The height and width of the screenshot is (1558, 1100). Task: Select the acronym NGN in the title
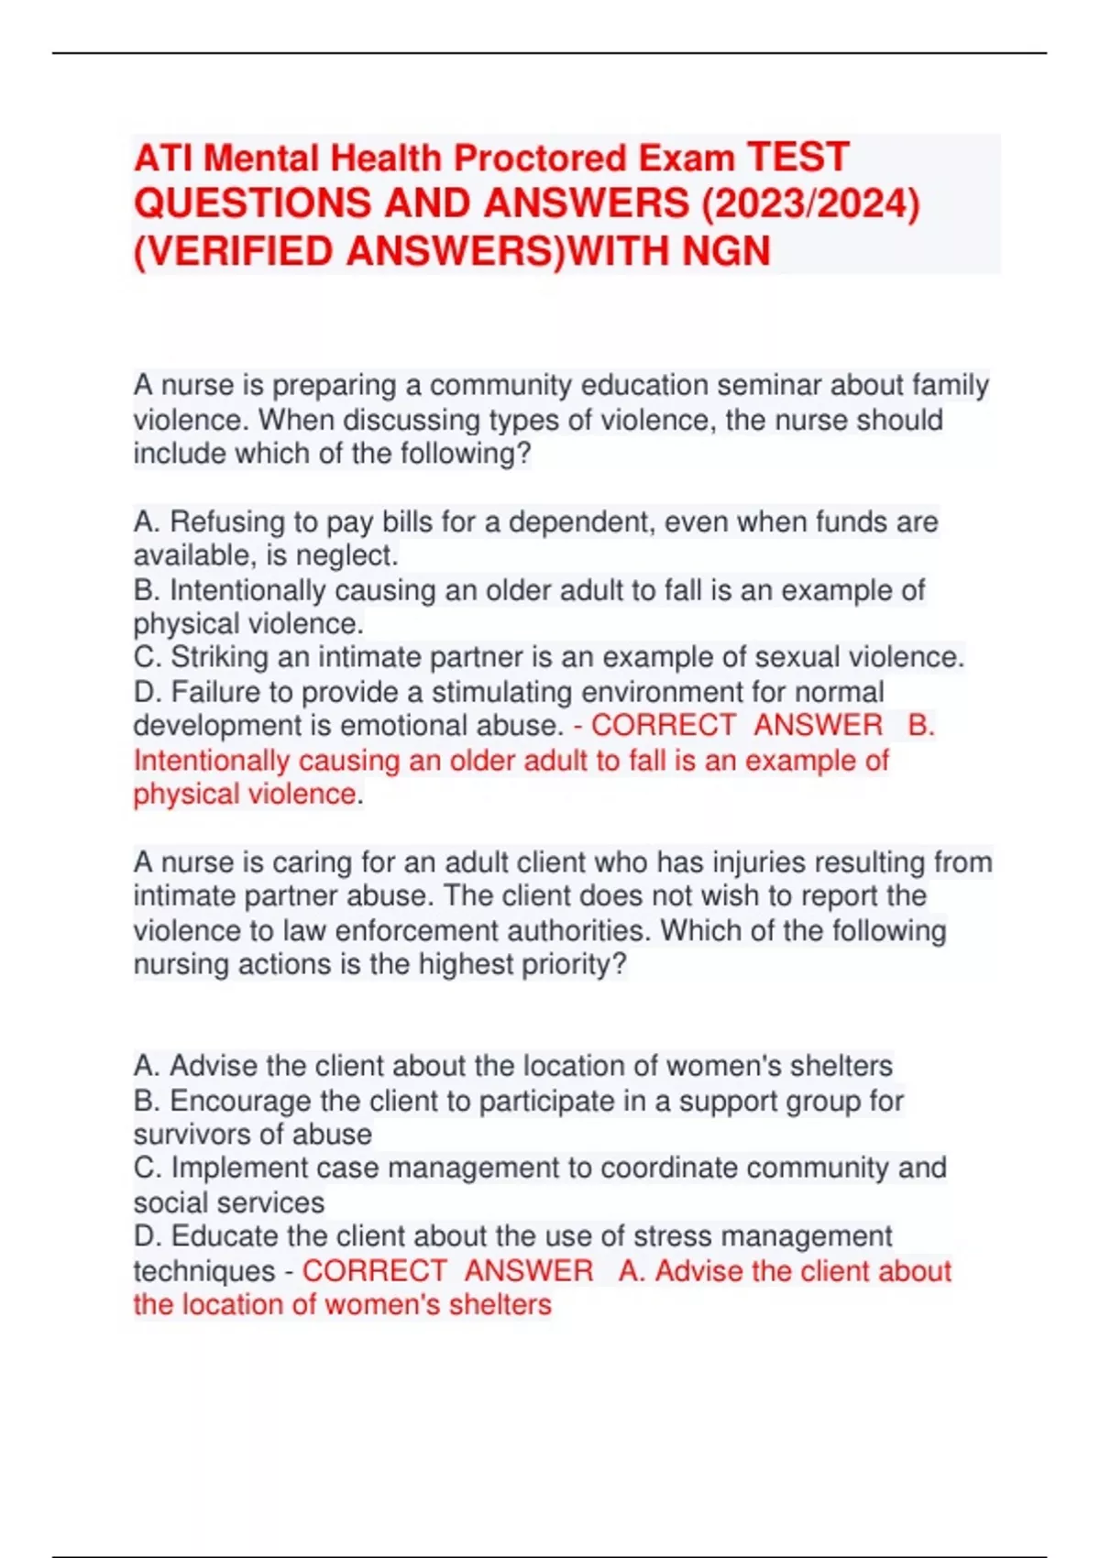726,250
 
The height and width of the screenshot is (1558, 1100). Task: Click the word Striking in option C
220,657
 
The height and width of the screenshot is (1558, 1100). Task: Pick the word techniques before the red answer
203,1271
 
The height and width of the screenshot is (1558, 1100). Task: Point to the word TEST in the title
797,157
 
